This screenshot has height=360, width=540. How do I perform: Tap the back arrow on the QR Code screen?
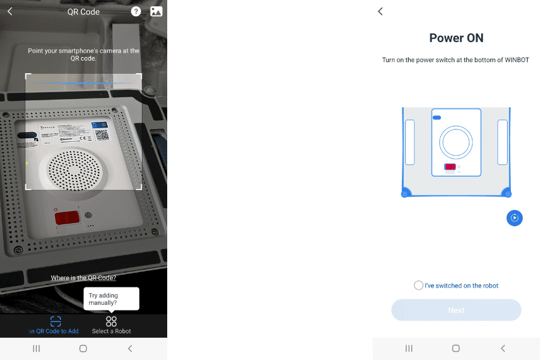[x=10, y=11]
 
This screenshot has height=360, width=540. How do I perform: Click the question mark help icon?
[x=136, y=11]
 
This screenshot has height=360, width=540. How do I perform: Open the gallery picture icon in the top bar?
[x=156, y=11]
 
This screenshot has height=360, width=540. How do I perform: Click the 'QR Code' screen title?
[x=84, y=12]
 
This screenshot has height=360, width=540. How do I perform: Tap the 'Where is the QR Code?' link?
[x=84, y=278]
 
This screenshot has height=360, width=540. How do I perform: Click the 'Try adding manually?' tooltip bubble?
[x=111, y=299]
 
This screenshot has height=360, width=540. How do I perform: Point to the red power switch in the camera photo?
[x=66, y=217]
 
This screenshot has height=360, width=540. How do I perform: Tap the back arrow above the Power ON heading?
[x=380, y=11]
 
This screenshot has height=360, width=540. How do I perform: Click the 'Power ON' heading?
[x=456, y=38]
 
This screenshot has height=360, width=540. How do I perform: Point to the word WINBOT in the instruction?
[x=516, y=60]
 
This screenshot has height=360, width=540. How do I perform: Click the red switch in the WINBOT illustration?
[x=450, y=167]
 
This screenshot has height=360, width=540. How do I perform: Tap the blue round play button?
[x=515, y=217]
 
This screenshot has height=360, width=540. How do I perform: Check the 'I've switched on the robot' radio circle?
[x=419, y=286]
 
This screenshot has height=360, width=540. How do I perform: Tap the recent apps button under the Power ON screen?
[x=409, y=349]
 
